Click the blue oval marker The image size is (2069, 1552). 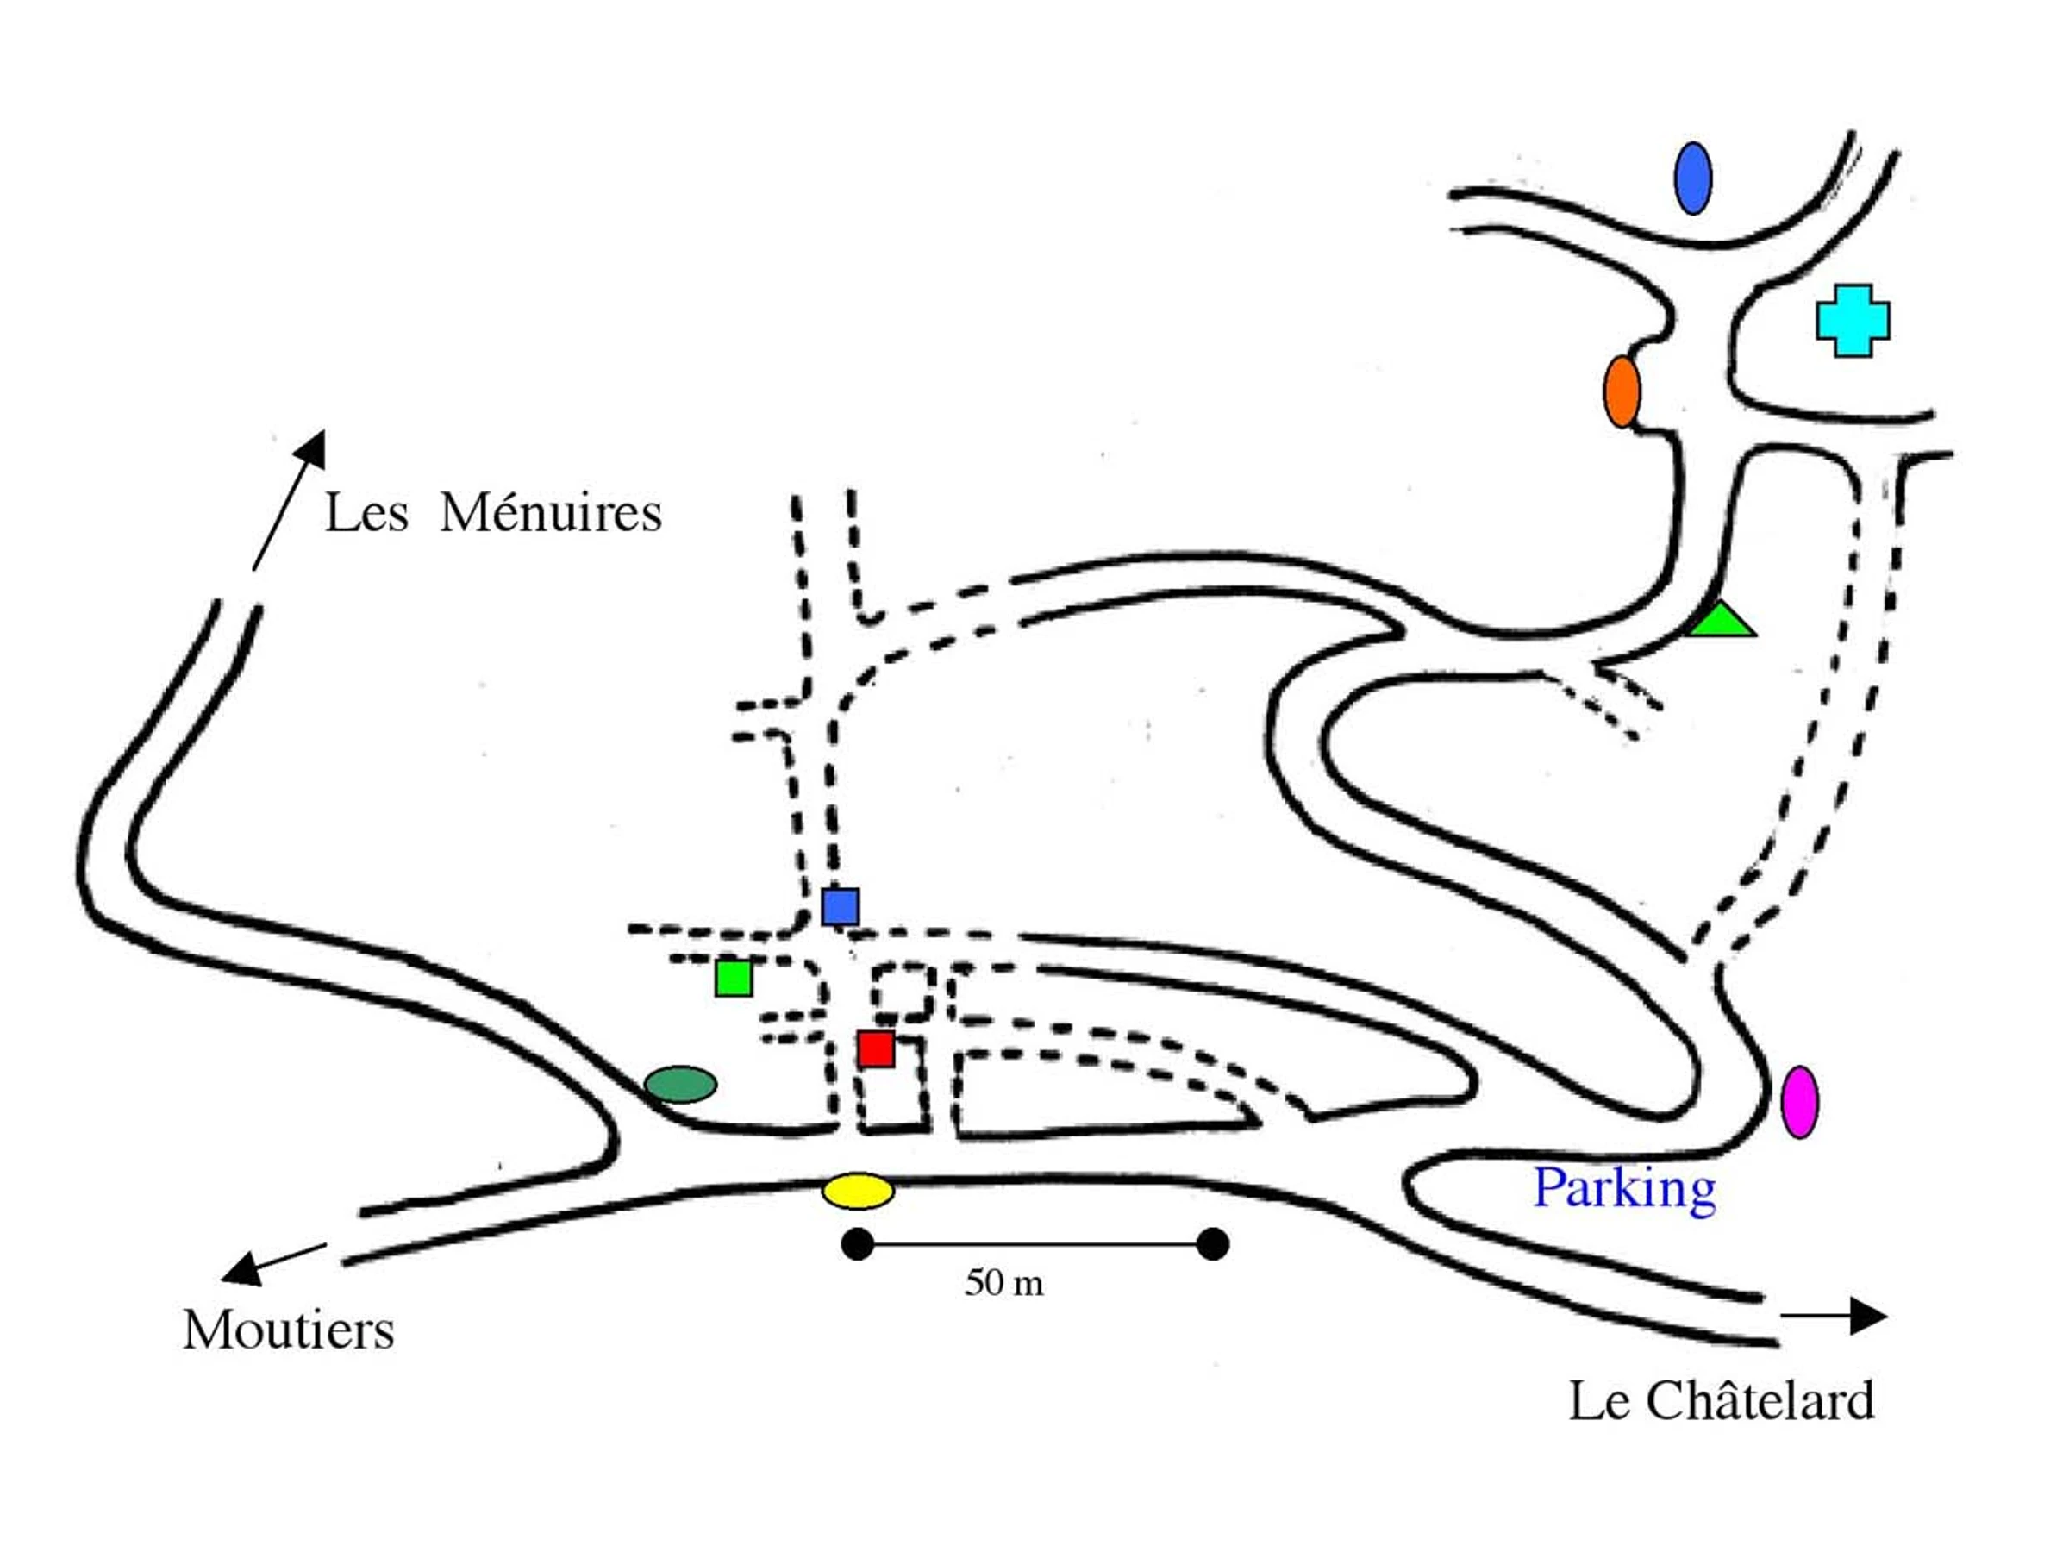pyautogui.click(x=1692, y=178)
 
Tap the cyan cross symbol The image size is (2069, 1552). pyautogui.click(x=1852, y=321)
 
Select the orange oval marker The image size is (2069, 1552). pyautogui.click(x=1622, y=391)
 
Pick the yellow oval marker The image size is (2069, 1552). pyautogui.click(x=858, y=1191)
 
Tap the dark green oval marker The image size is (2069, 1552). pyautogui.click(x=681, y=1085)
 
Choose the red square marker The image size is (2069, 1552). pyautogui.click(x=876, y=1048)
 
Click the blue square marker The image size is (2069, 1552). pyautogui.click(x=840, y=906)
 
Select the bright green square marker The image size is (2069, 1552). pyautogui.click(x=734, y=978)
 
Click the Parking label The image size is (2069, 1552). pyautogui.click(x=1625, y=1190)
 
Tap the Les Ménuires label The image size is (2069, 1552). pyautogui.click(x=493, y=513)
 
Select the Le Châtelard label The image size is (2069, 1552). pyautogui.click(x=1721, y=1401)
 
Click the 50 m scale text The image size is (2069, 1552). pyautogui.click(x=1003, y=1283)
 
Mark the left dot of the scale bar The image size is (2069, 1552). pyautogui.click(x=857, y=1244)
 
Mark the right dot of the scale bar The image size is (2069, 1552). pyautogui.click(x=1212, y=1244)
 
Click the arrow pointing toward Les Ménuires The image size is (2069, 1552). pyautogui.click(x=290, y=498)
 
